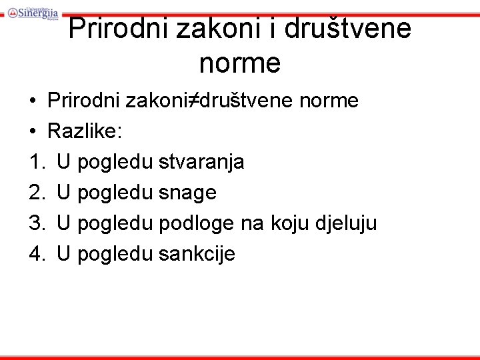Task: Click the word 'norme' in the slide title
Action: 240,63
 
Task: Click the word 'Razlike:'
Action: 85,131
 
